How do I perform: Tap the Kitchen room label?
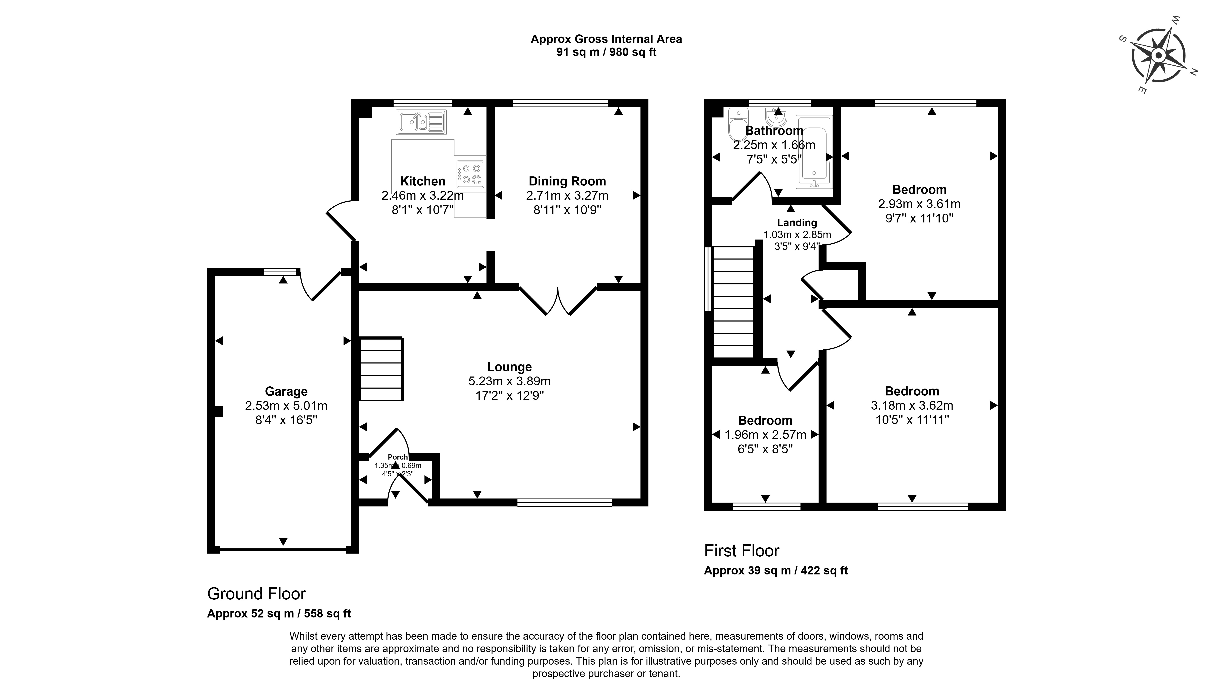click(x=422, y=181)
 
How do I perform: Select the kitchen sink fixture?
click(x=420, y=122)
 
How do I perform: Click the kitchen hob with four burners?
click(x=471, y=174)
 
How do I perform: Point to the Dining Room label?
click(x=567, y=181)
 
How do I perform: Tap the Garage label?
click(x=286, y=392)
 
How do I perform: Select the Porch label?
click(x=397, y=457)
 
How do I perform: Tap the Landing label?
click(x=797, y=223)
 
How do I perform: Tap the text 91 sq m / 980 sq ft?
click(x=606, y=52)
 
